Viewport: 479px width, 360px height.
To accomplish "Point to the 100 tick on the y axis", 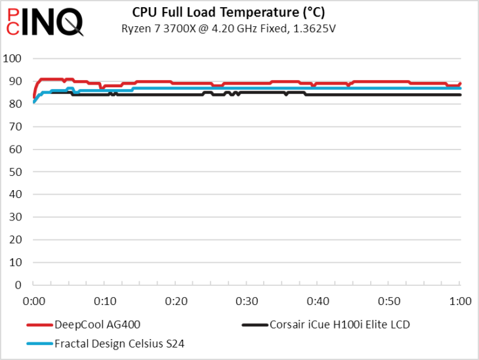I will [x=13, y=59].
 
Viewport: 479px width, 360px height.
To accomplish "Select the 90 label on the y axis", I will [x=13, y=81].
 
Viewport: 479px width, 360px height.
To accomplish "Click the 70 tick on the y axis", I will [x=13, y=127].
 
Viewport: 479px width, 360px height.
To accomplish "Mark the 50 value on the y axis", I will [x=13, y=172].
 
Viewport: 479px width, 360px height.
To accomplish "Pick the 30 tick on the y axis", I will [x=13, y=217].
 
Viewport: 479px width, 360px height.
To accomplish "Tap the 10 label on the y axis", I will [x=13, y=262].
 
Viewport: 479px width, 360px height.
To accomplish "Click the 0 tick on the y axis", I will [x=17, y=285].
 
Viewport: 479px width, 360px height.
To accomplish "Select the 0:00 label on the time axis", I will [x=33, y=302].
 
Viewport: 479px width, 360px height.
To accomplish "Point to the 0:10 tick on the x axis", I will [x=105, y=302].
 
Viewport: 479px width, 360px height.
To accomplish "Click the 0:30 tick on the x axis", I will [x=247, y=302].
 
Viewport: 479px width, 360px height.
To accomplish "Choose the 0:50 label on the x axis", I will [x=389, y=302].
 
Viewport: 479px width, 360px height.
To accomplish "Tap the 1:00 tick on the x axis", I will [x=460, y=302].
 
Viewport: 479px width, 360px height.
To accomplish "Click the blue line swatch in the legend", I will [x=39, y=342].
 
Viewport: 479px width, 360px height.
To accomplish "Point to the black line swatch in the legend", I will [x=255, y=324].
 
